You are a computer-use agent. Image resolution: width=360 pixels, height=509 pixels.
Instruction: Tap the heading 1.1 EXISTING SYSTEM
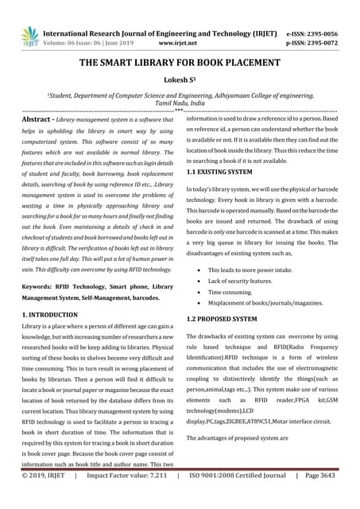tap(223, 171)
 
